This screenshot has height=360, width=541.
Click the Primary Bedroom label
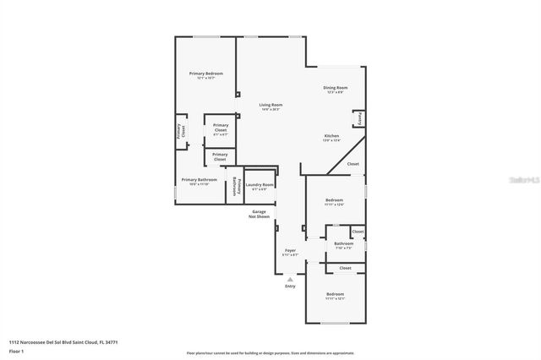point(206,74)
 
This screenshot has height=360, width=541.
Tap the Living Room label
point(270,105)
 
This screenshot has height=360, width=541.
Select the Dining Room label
point(336,88)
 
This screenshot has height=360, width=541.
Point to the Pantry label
point(360,117)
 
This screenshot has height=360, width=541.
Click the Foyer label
point(290,251)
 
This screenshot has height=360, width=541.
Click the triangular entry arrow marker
point(290,278)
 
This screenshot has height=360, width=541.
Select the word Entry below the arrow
point(290,286)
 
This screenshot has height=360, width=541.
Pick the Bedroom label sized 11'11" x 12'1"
point(335,294)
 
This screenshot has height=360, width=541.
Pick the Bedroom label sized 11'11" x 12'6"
point(335,200)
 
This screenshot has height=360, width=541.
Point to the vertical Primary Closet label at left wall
point(179,131)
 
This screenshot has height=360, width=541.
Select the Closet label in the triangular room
point(352,164)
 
